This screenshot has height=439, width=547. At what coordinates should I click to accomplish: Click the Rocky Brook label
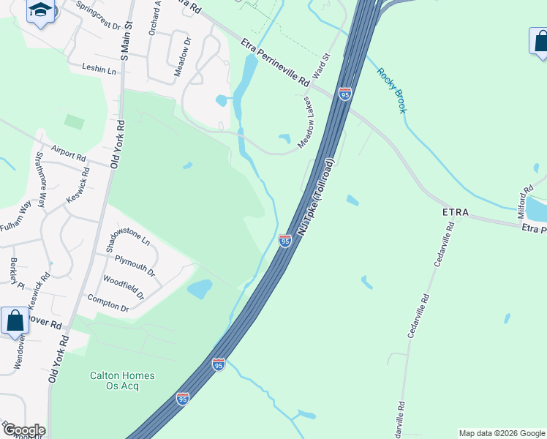pos(391,90)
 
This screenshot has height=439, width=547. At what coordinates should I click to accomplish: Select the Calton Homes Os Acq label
pos(122,380)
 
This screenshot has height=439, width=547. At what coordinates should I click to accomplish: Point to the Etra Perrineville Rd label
pos(275,65)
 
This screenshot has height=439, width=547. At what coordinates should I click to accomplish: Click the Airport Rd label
pos(69,153)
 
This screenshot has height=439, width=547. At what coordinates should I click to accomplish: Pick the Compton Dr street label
pos(107,303)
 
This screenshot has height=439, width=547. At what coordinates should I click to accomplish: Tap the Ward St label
pos(322,65)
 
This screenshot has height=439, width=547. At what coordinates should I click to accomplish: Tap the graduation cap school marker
pos(41,11)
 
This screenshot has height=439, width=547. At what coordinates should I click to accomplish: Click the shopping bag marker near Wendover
pos(15,320)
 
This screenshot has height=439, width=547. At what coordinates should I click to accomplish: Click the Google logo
pos(23,430)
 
